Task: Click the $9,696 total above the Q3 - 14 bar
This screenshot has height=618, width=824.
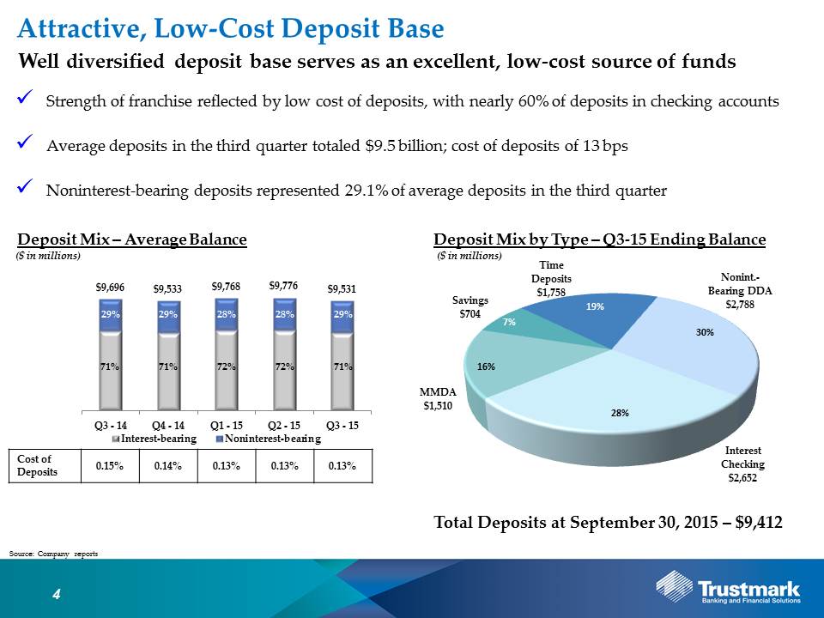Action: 110,287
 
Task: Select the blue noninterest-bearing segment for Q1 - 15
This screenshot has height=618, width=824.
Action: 227,314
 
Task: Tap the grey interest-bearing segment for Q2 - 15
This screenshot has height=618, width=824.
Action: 285,370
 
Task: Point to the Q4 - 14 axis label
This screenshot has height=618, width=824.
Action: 168,425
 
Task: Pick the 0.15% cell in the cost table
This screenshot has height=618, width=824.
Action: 110,465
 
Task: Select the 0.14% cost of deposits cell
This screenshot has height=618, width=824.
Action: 168,465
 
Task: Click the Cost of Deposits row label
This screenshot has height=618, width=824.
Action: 37,465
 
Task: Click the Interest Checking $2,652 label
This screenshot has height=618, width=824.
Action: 742,464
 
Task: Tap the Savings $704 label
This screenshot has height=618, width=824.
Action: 470,307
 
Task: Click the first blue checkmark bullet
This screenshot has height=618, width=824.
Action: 25,98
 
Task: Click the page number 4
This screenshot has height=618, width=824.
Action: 57,594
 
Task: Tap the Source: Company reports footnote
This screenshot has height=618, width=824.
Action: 53,554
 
